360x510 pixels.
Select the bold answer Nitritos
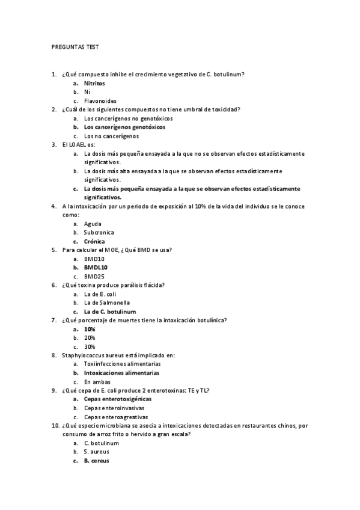[x=94, y=83]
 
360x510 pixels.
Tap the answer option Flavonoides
[x=100, y=100]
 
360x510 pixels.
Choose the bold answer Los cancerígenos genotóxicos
[x=124, y=127]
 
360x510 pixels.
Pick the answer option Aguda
[x=93, y=224]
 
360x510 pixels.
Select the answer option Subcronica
[x=99, y=232]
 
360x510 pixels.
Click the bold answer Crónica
[x=94, y=241]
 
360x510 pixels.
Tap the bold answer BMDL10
[x=96, y=267]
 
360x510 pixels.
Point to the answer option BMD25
[x=94, y=276]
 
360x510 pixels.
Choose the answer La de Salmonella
[x=107, y=303]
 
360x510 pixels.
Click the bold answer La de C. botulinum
[x=110, y=312]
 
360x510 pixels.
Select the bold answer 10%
[x=90, y=329]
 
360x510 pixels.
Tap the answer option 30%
[x=90, y=346]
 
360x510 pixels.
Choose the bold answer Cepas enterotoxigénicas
[x=118, y=399]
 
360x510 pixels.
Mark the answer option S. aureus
[x=97, y=452]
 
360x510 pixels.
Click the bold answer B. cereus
[x=96, y=461]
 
